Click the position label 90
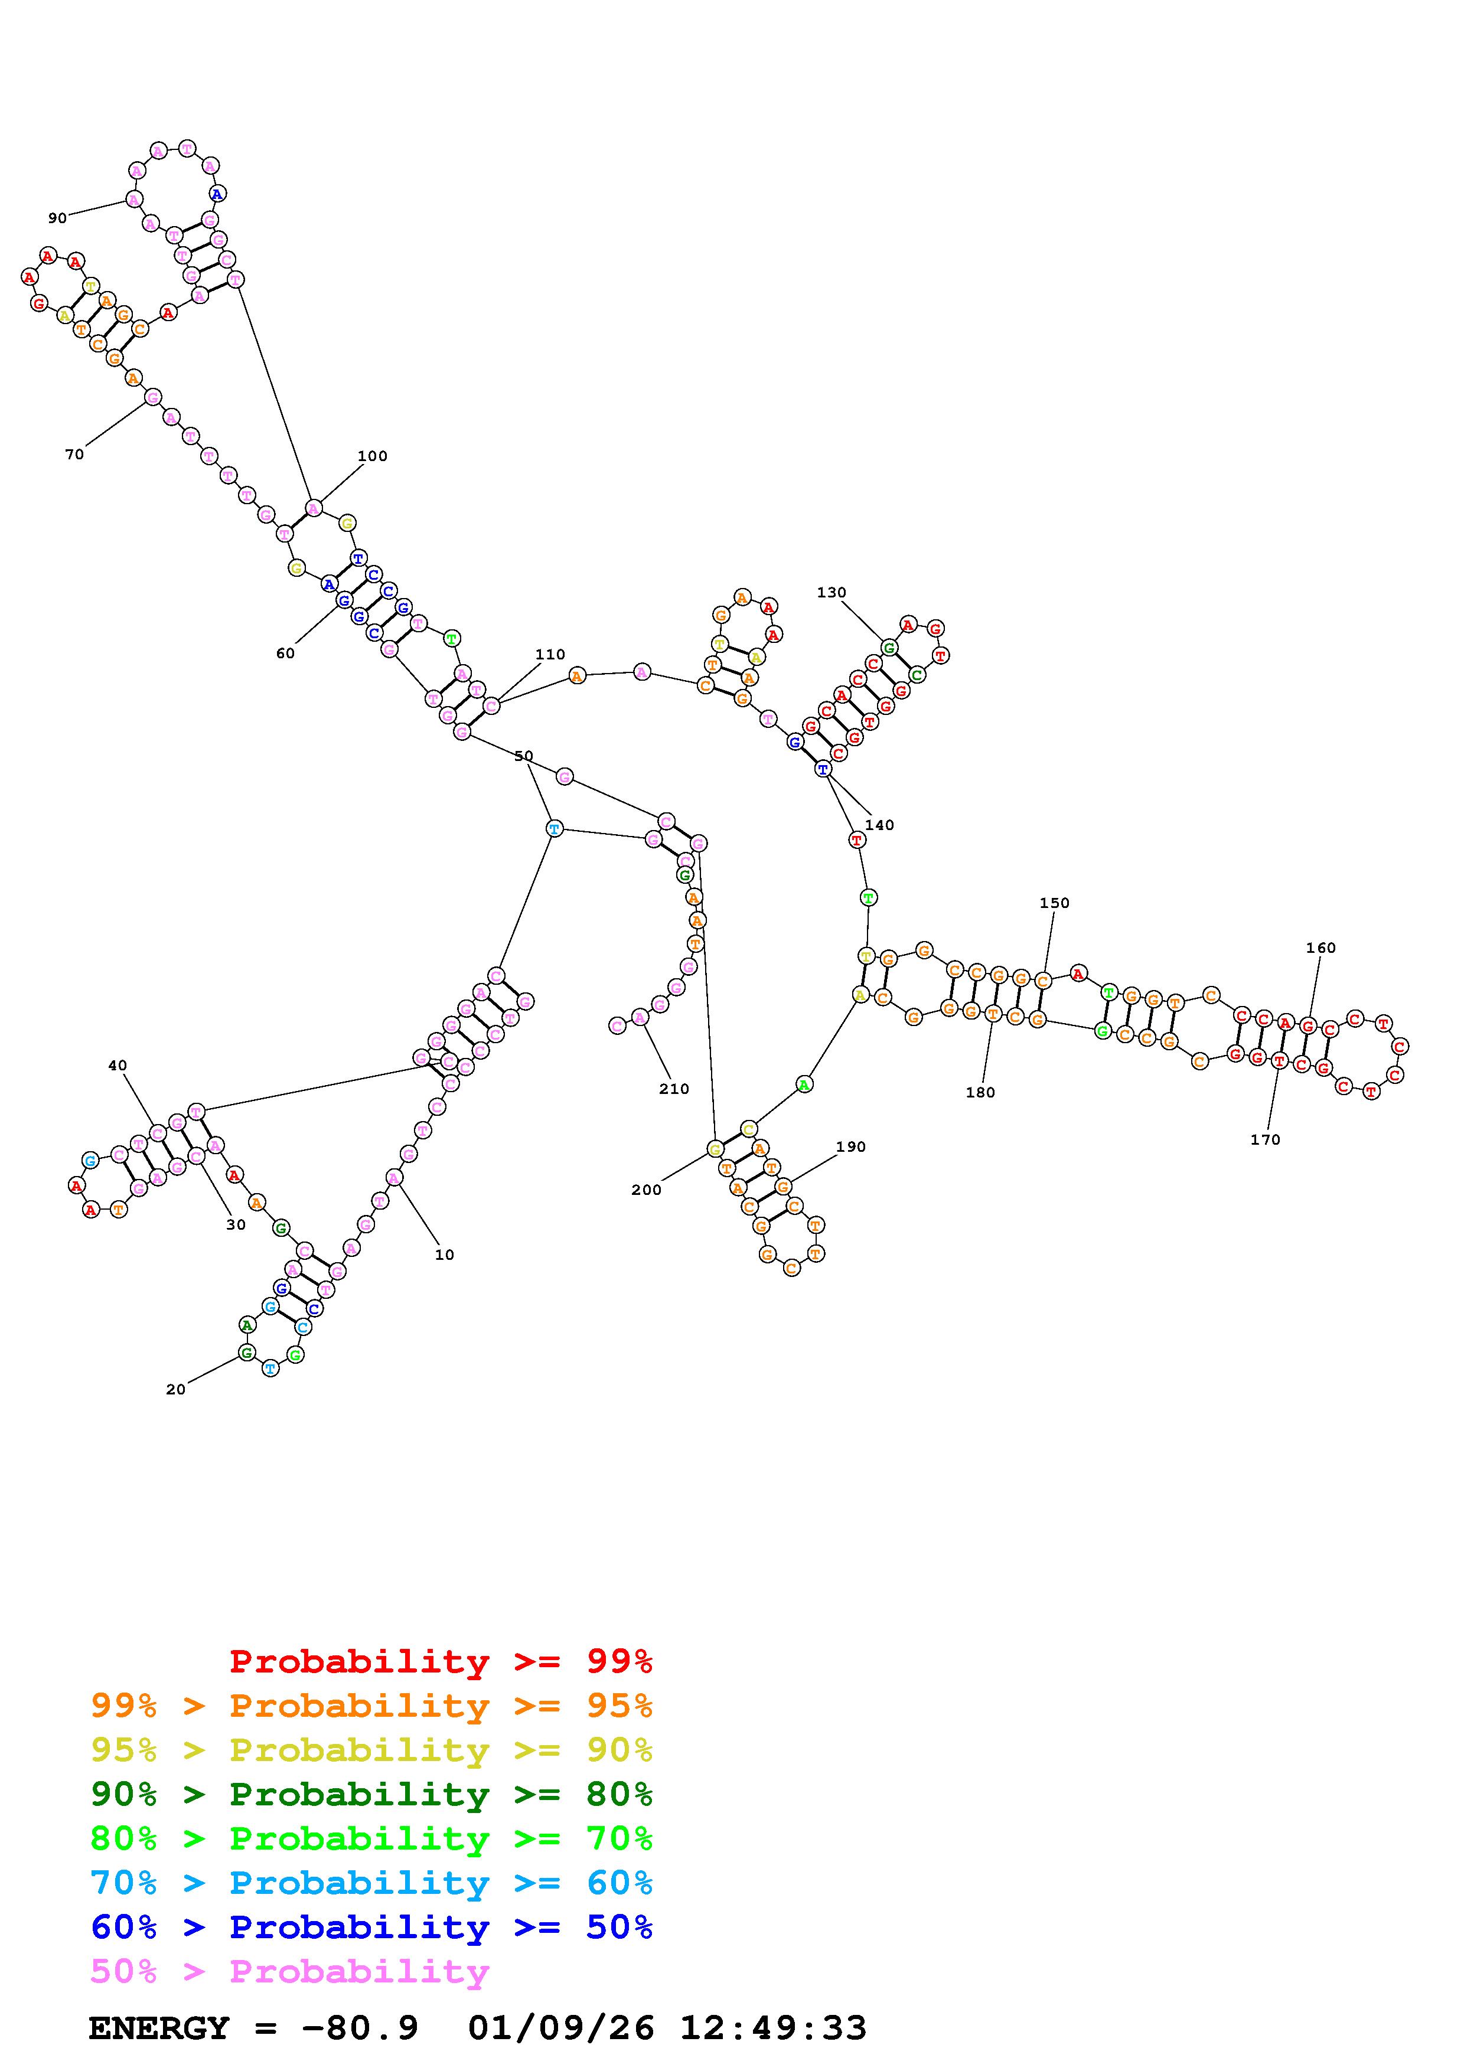pyautogui.click(x=57, y=217)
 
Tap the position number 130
pyautogui.click(x=831, y=593)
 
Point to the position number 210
pyautogui.click(x=674, y=1089)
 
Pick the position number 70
pyautogui.click(x=74, y=455)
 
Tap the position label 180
pyautogui.click(x=980, y=1092)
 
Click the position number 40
pyautogui.click(x=118, y=1065)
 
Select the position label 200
pyautogui.click(x=646, y=1190)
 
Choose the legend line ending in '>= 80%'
pyautogui.click(x=371, y=1794)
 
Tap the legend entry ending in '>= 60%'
pyautogui.click(x=371, y=1883)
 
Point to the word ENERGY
pyautogui.click(x=159, y=2028)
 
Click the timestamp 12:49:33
pyautogui.click(x=773, y=2028)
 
